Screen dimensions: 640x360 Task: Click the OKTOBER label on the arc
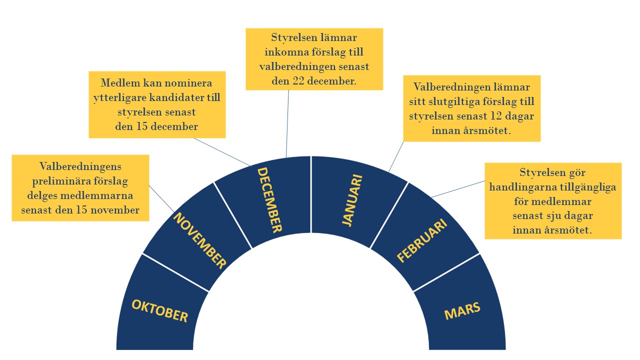[x=159, y=311]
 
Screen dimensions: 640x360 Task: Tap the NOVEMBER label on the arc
[x=200, y=240]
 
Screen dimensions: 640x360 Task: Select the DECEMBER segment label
[x=269, y=200]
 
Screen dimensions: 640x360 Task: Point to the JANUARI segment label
[x=352, y=200]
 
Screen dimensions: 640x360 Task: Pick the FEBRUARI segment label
[x=422, y=240]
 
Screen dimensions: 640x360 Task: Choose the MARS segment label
[x=462, y=310]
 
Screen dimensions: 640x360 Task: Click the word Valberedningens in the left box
[x=80, y=166]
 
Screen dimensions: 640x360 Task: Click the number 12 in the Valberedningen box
[x=496, y=116]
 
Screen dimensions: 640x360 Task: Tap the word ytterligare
[x=120, y=98]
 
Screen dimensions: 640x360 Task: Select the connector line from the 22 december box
[x=287, y=123]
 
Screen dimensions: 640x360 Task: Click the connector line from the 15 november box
[x=161, y=199]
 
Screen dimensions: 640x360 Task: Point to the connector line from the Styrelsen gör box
[x=458, y=189]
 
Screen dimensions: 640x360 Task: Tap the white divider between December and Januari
[x=311, y=194]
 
